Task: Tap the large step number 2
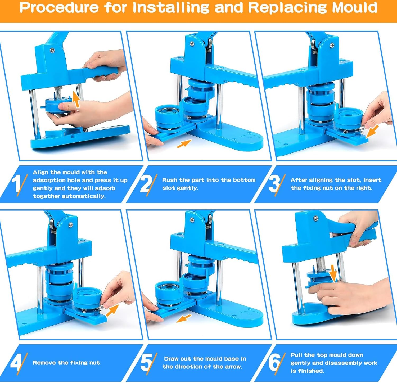[x=146, y=183]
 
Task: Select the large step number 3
[x=274, y=183]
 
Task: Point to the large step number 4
[x=16, y=362]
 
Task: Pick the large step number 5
[x=146, y=362]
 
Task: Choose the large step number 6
[x=274, y=362]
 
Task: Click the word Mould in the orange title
[x=354, y=8]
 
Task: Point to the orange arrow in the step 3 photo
[x=372, y=132]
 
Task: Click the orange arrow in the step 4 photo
[x=112, y=310]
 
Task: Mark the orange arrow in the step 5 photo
[x=184, y=318]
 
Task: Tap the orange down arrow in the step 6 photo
[x=333, y=274]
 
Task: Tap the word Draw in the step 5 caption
[x=171, y=359]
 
